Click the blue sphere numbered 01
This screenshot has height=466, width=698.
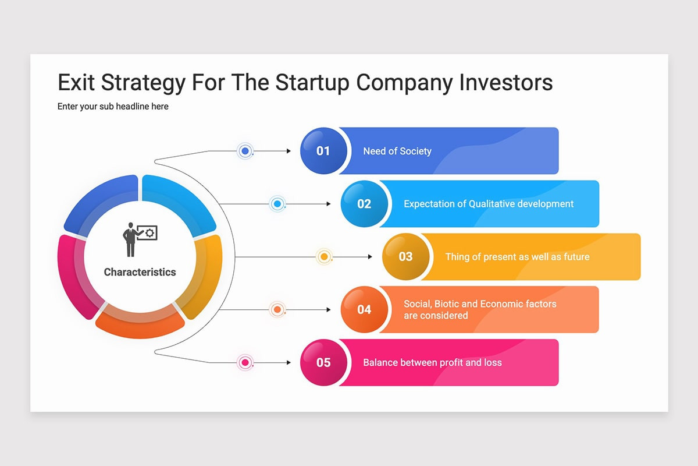coord(323,151)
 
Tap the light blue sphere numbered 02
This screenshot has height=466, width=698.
coord(364,204)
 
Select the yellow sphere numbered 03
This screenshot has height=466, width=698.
coord(406,256)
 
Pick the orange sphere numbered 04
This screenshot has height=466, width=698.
coord(364,310)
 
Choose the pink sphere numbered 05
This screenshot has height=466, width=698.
coord(323,362)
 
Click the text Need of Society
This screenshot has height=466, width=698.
coord(397,151)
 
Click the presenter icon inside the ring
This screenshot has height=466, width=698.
coord(140,239)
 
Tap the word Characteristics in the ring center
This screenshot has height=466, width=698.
coord(140,272)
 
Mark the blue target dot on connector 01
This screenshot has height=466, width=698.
coord(245,151)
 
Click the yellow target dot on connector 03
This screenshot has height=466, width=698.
coord(324,256)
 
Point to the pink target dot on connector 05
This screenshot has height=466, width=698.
coord(245,362)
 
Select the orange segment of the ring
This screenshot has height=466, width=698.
coord(140,322)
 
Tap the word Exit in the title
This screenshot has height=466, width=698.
coord(76,82)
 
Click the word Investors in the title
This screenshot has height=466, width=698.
coord(506,82)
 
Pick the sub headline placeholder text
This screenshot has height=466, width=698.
coord(113,107)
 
